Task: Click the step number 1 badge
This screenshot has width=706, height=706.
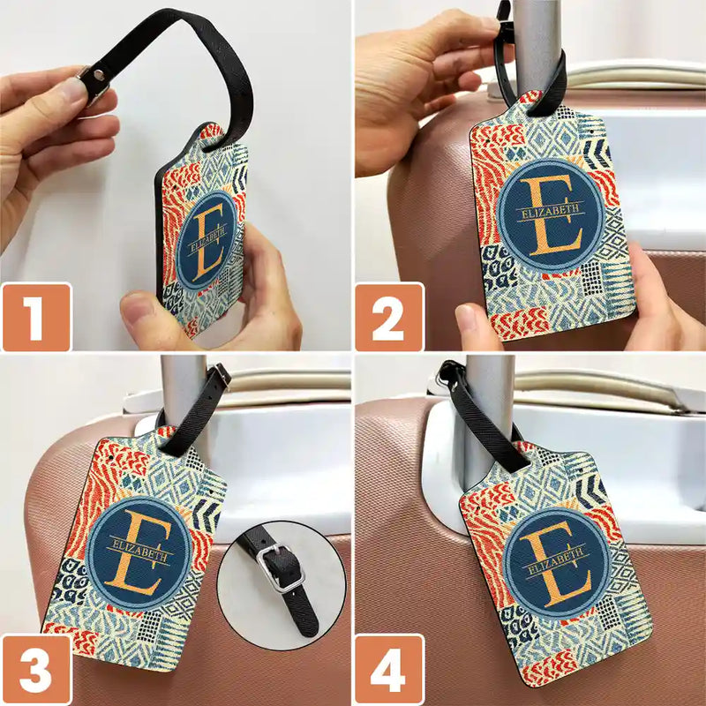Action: tap(35, 317)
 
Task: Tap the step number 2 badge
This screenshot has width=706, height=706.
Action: tap(388, 317)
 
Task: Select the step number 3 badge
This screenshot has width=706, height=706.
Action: tap(35, 670)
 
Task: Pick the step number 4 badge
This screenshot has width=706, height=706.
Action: tap(388, 670)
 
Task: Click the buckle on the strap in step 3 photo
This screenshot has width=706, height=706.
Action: tap(220, 377)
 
